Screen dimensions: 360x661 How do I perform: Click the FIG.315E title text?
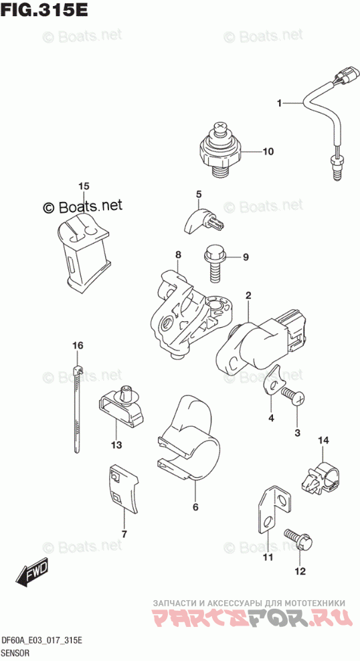click(x=44, y=9)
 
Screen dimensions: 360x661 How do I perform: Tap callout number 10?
click(x=268, y=151)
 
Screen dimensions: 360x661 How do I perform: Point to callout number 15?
click(x=84, y=185)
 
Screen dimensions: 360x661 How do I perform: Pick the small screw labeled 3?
click(x=293, y=397)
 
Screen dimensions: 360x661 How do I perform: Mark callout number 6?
click(x=195, y=507)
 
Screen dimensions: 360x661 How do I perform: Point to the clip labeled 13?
click(x=122, y=407)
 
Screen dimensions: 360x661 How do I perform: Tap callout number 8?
click(x=178, y=254)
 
